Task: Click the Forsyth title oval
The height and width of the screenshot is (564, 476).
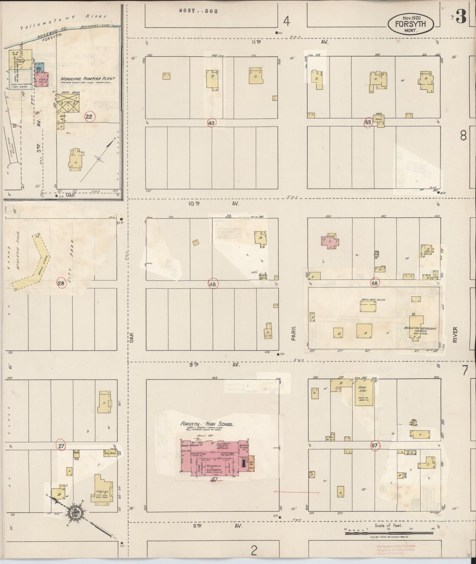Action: (x=411, y=23)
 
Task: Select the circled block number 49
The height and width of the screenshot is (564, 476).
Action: (x=211, y=123)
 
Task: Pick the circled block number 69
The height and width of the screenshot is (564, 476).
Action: (x=368, y=122)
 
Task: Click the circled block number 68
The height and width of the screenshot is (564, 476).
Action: (x=375, y=283)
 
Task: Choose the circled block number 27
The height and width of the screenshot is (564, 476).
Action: (x=61, y=446)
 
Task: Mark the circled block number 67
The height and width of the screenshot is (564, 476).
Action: (x=375, y=446)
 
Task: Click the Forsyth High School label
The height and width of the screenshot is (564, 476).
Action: (x=207, y=424)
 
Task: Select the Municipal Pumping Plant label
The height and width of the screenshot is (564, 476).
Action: (x=88, y=79)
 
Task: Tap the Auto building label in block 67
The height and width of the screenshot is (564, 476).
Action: (x=362, y=389)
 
